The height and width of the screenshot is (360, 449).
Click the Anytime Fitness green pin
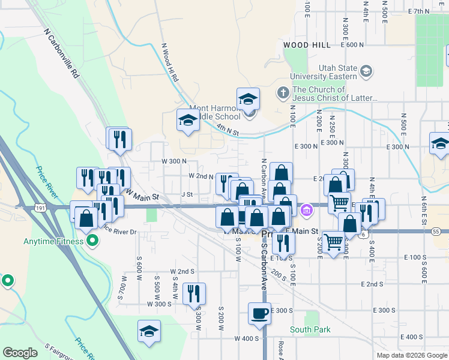pyautogui.click(x=92, y=242)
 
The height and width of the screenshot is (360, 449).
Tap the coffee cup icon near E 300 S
pyautogui.click(x=260, y=313)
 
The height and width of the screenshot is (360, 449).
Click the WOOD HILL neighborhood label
pyautogui.click(x=306, y=45)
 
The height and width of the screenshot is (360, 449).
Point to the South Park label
pyautogui.click(x=310, y=329)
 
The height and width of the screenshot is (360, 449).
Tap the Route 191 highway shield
pyautogui.click(x=40, y=208)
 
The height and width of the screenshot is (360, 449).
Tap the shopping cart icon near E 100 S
pyautogui.click(x=333, y=242)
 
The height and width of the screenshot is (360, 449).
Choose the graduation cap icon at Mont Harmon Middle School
pyautogui.click(x=248, y=99)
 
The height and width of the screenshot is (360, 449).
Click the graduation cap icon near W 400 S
pyautogui.click(x=149, y=331)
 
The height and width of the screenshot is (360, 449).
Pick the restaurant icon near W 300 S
pyautogui.click(x=194, y=293)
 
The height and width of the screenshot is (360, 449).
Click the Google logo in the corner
pyautogui.click(x=20, y=353)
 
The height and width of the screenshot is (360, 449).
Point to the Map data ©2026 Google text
pyautogui.click(x=412, y=355)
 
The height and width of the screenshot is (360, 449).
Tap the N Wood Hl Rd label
pyautogui.click(x=169, y=62)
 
